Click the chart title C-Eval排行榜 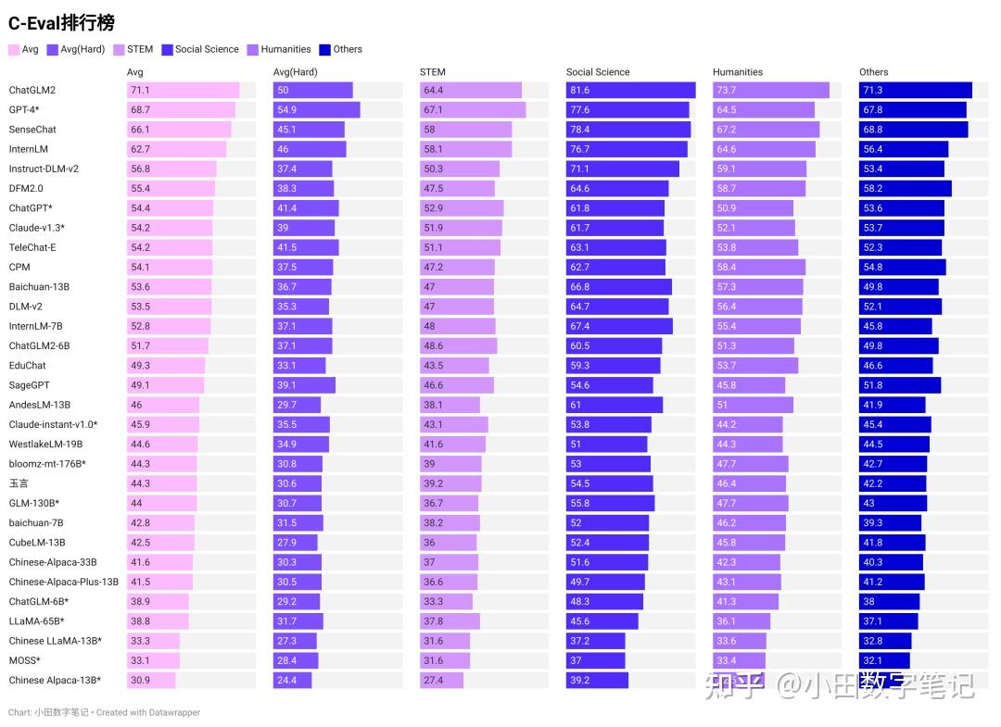[x=61, y=23]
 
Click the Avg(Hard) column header [x=295, y=72]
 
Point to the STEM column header [x=432, y=72]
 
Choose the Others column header [x=873, y=72]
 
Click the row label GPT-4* [x=24, y=110]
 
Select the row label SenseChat [x=32, y=130]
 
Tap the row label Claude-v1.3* [x=36, y=228]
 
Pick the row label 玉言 [x=19, y=483]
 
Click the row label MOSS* [x=24, y=660]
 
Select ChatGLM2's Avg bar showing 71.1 [x=183, y=90]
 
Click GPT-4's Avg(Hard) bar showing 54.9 [x=316, y=110]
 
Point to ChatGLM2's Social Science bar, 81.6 [x=630, y=90]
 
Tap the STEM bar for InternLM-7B [x=457, y=326]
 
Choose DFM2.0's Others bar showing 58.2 [x=905, y=189]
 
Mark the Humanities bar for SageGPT [x=748, y=385]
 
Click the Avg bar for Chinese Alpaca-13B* [x=151, y=681]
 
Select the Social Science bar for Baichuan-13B [x=618, y=287]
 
